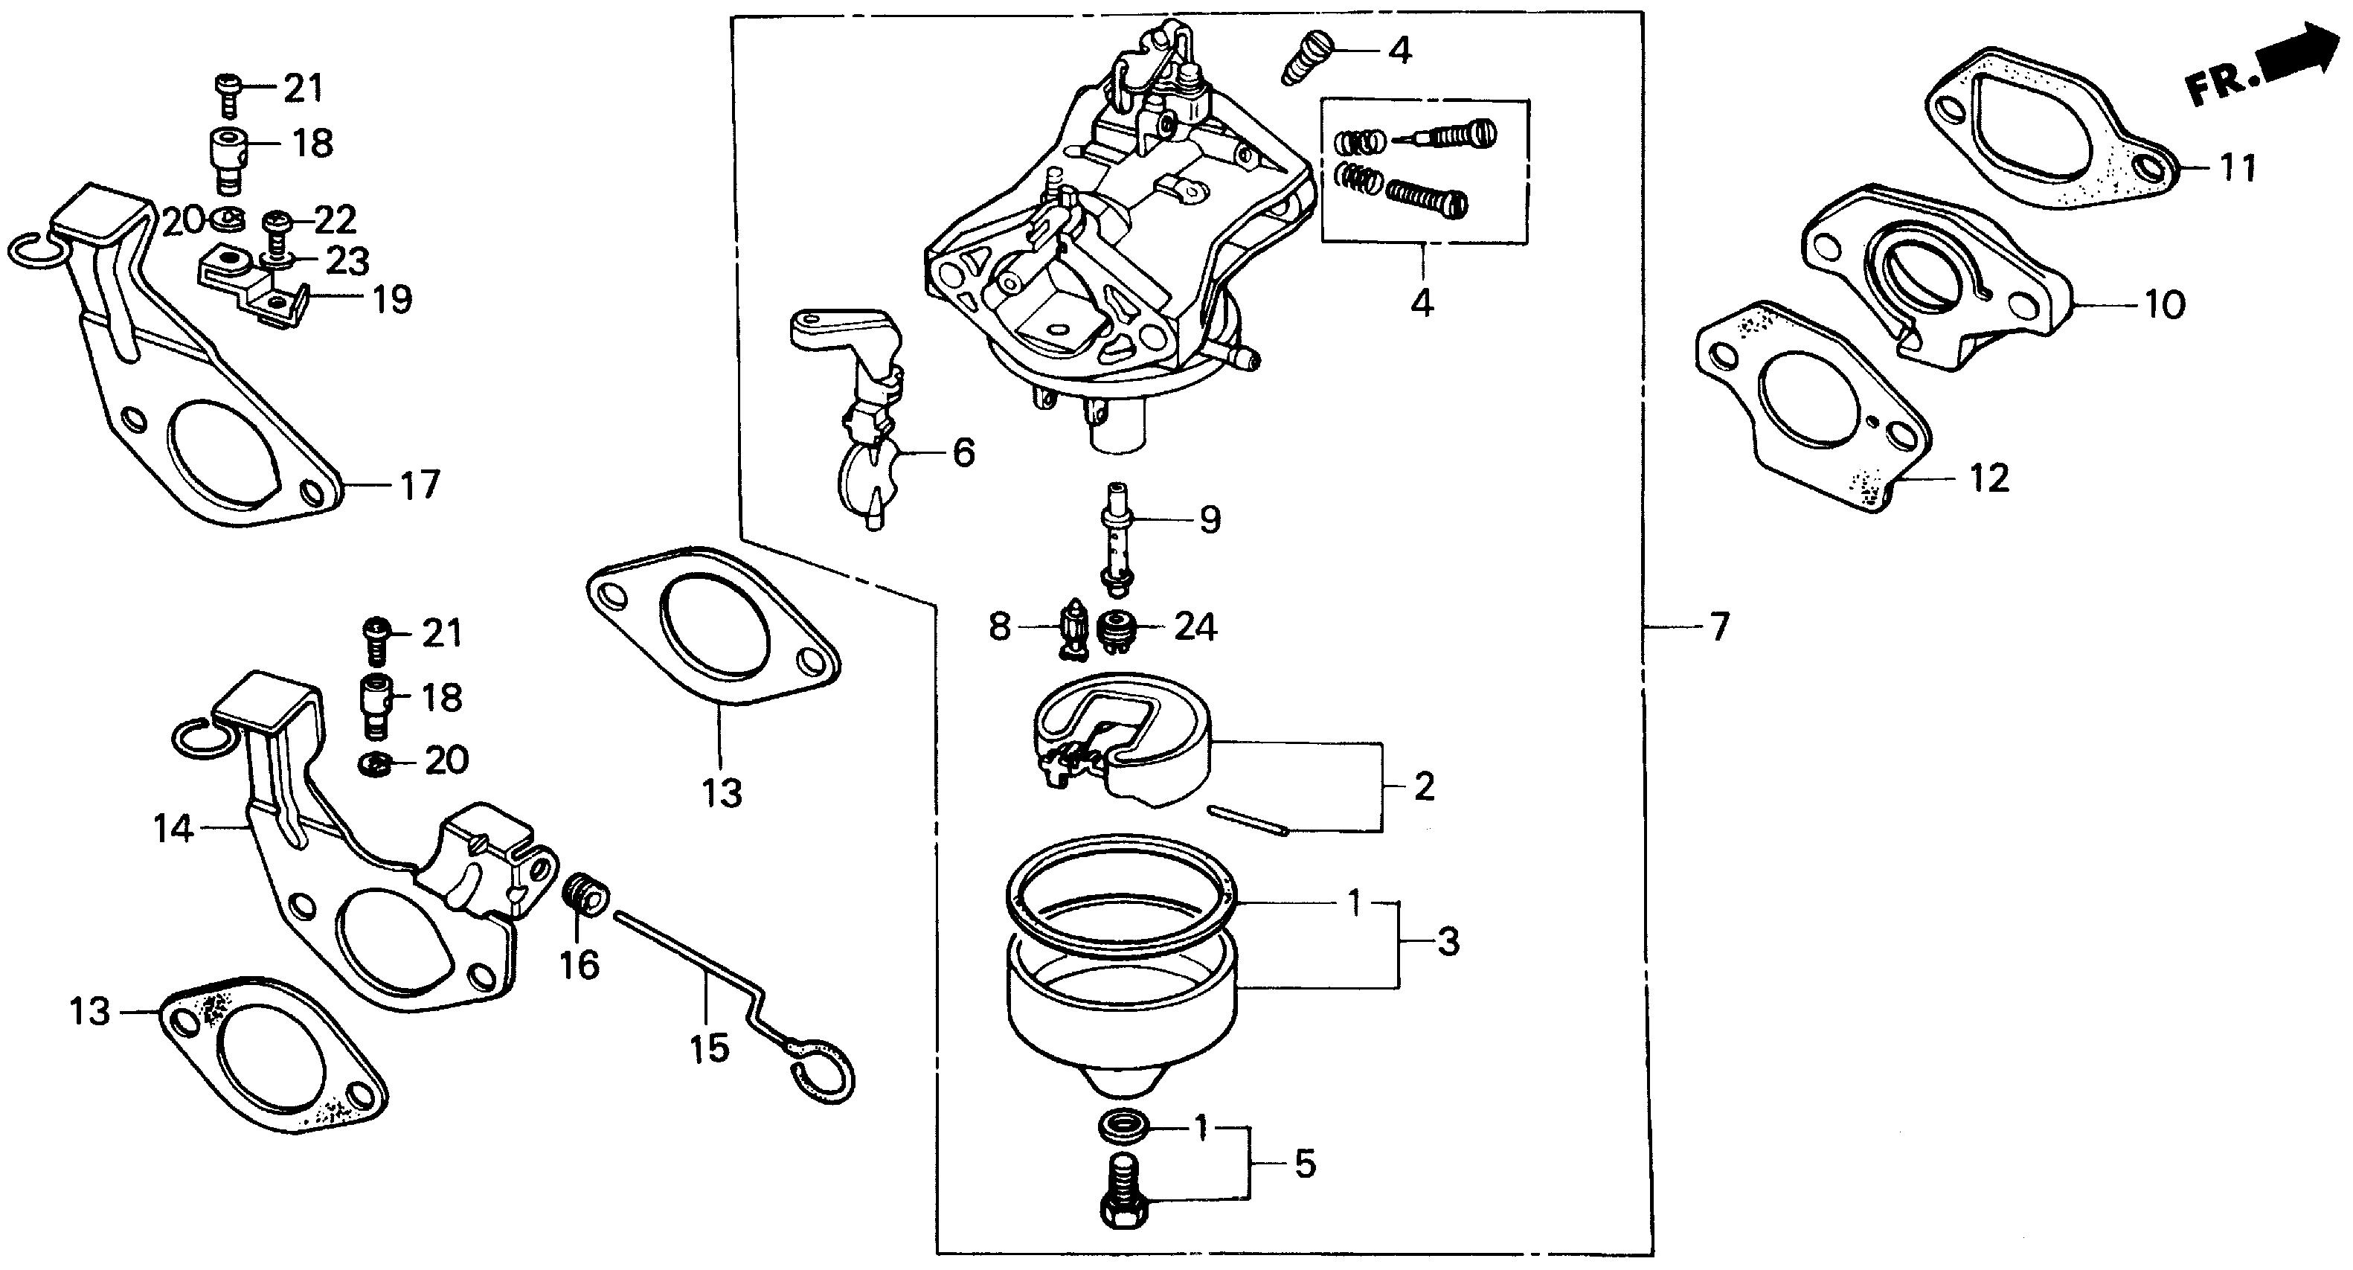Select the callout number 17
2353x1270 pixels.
420,484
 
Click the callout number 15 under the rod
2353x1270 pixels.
710,1048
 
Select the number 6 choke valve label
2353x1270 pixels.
963,452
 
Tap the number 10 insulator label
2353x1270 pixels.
2164,304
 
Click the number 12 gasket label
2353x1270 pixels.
1989,478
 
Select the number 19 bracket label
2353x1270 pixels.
392,300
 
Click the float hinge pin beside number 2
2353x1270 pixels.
1247,818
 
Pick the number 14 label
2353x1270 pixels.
173,829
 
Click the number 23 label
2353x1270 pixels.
348,261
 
